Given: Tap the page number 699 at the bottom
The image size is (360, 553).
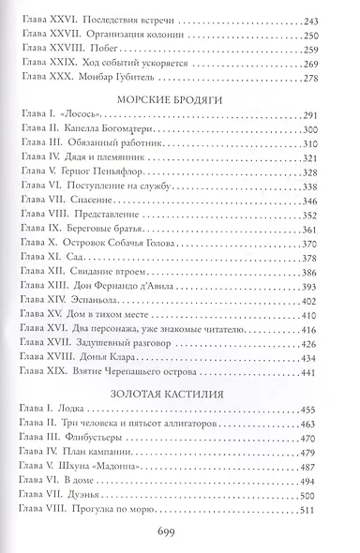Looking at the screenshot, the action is tap(181, 531).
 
